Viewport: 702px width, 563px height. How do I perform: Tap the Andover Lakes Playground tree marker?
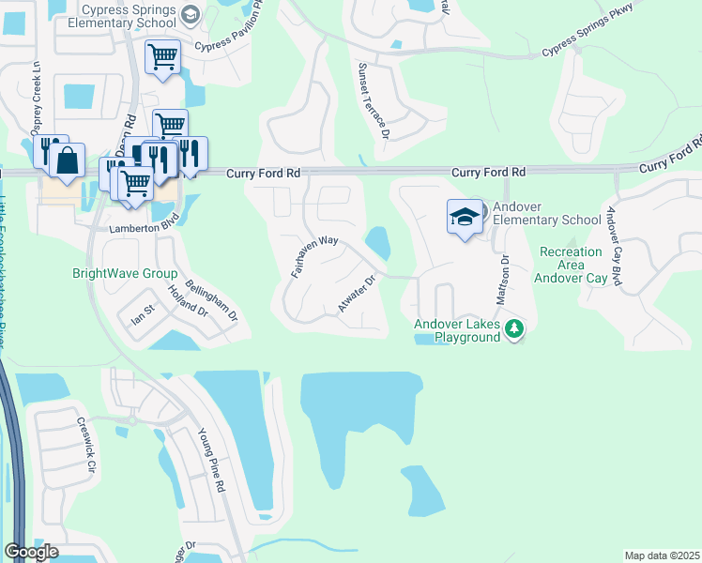[x=513, y=328]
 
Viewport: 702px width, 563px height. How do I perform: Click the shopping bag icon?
[x=69, y=161]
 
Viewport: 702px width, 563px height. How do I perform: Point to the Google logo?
[x=31, y=552]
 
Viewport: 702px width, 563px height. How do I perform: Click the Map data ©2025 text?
[x=662, y=555]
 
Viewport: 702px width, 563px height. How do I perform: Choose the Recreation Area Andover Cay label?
[x=571, y=265]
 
